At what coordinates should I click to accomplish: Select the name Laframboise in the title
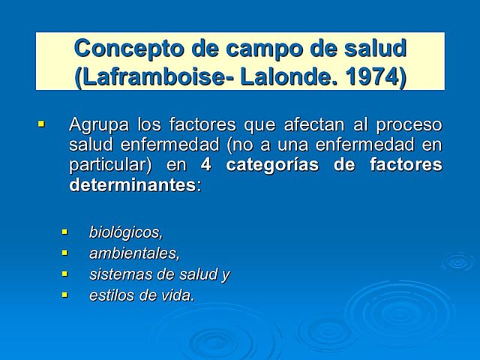click(x=160, y=77)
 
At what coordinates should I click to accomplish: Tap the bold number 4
click(x=206, y=164)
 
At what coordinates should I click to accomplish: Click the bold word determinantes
click(x=133, y=184)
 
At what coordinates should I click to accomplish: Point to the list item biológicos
click(x=125, y=232)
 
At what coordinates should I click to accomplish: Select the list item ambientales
click(x=134, y=253)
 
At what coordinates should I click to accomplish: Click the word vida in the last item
click(x=176, y=295)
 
